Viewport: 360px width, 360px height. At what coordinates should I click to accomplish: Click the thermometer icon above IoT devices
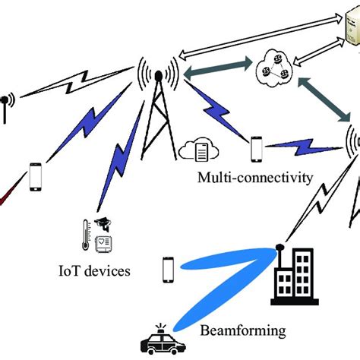[86, 235]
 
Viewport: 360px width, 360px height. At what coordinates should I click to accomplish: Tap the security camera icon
[103, 224]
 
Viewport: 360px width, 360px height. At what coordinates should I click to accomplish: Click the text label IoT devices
[94, 270]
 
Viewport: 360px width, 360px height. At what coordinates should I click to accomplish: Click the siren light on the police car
[163, 326]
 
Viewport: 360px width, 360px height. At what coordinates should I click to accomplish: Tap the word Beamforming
[243, 331]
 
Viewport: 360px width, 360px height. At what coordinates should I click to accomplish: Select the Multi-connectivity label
[244, 178]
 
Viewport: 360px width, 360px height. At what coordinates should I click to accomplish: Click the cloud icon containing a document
[199, 150]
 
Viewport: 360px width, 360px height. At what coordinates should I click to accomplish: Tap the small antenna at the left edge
[6, 100]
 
